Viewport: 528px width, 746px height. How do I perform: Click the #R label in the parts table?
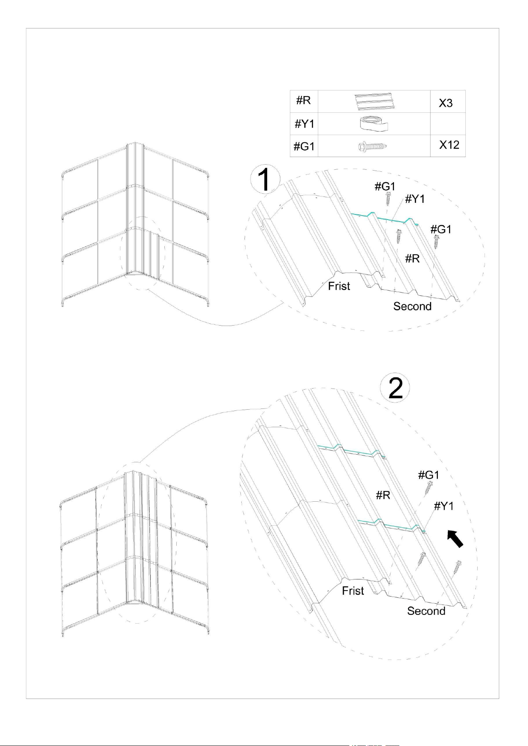(x=303, y=100)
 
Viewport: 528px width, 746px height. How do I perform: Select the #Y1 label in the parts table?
(x=304, y=124)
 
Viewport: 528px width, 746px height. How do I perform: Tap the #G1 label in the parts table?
(x=304, y=147)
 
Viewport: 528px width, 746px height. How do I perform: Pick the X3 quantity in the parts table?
(x=445, y=103)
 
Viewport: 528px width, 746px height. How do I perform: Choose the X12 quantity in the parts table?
(x=449, y=145)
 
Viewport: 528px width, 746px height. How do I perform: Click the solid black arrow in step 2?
(x=455, y=538)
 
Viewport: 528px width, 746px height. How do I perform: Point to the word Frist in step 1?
(x=339, y=286)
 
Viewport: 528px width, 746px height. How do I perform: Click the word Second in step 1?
(x=412, y=306)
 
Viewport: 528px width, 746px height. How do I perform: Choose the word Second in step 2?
(x=426, y=611)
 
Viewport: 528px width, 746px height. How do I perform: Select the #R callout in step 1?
(x=412, y=259)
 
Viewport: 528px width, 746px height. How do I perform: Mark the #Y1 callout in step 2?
(x=444, y=506)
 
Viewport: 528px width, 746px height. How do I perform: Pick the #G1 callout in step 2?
(x=429, y=475)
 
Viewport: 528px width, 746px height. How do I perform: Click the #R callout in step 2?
(x=383, y=495)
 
